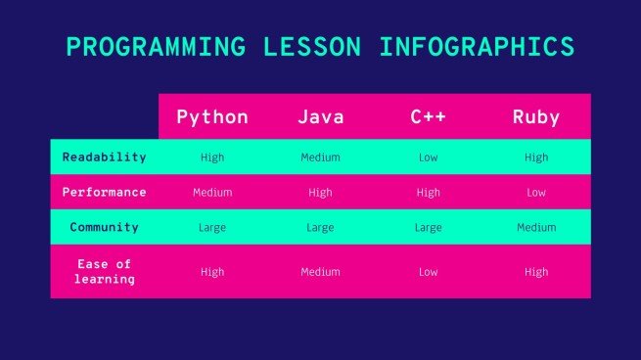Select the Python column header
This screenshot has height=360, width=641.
point(212,117)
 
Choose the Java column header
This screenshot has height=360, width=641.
point(320,117)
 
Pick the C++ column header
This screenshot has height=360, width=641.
point(429,117)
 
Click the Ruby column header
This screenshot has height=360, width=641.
point(536,117)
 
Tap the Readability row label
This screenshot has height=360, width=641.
point(104,157)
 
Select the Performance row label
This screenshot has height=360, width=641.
point(104,192)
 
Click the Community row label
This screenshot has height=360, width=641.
point(104,227)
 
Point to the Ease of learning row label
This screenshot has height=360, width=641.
point(104,271)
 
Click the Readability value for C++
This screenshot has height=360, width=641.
point(429,157)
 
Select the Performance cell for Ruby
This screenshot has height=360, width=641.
point(536,193)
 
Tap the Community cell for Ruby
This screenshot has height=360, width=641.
point(536,228)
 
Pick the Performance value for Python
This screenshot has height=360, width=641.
point(212,193)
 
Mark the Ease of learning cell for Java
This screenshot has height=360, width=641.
point(320,272)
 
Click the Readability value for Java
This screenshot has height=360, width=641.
point(320,157)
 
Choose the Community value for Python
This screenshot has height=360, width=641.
point(212,228)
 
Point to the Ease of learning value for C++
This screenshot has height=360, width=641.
point(429,272)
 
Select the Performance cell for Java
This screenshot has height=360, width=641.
point(320,193)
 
